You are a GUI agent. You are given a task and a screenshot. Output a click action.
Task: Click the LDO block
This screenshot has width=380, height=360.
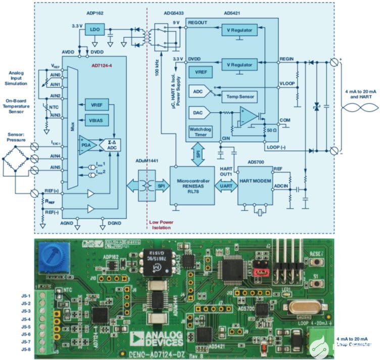point(95,30)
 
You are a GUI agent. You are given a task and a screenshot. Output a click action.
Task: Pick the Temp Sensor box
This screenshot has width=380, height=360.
point(241,96)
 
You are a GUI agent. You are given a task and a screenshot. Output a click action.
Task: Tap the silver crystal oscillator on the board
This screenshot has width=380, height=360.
point(303,307)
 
